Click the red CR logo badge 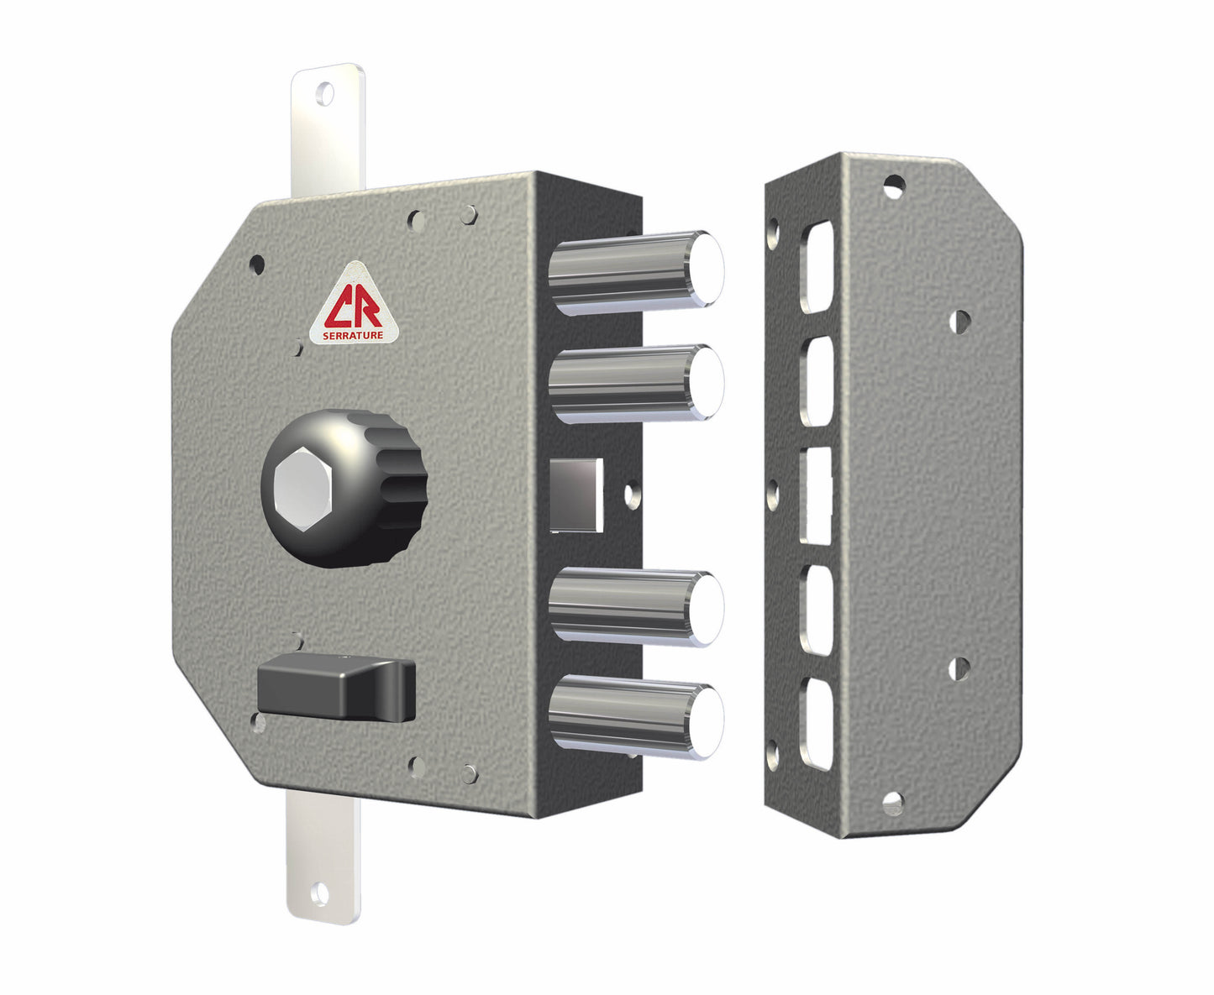click(354, 306)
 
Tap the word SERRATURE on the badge click(353, 336)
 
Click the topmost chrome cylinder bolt click(636, 272)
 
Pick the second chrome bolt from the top click(636, 383)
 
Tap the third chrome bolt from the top click(636, 607)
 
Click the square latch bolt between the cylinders click(576, 495)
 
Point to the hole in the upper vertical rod click(326, 94)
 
